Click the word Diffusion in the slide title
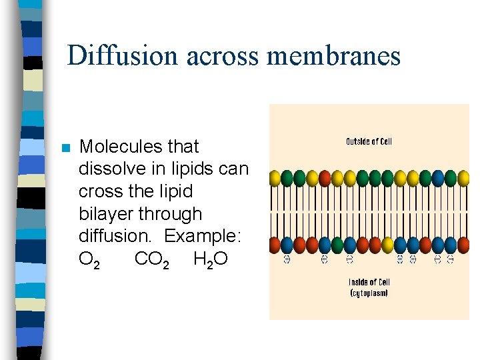[123, 55]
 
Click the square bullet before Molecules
[65, 148]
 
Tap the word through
[171, 215]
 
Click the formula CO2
[151, 259]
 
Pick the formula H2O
[210, 259]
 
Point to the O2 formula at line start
[89, 259]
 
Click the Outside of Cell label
[369, 141]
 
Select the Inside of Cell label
[369, 282]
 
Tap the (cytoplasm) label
[369, 293]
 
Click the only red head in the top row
[325, 178]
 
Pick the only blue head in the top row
[438, 178]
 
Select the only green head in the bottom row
[337, 245]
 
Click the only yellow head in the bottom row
[387, 245]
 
